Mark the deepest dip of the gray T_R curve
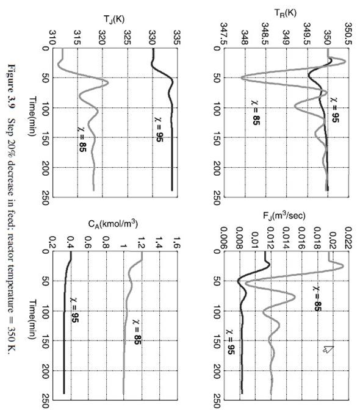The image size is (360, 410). pyautogui.click(x=242, y=77)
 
